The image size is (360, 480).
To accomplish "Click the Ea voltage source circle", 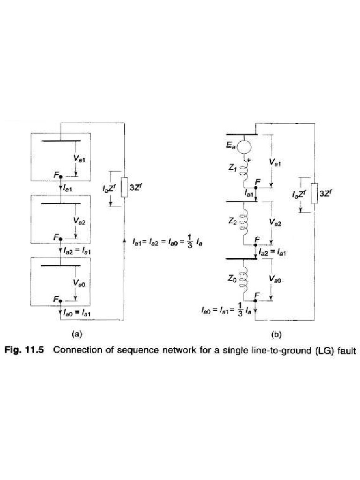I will (x=244, y=147).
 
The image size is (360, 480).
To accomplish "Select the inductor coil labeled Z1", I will (x=244, y=172).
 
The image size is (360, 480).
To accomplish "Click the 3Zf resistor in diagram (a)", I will (x=125, y=188).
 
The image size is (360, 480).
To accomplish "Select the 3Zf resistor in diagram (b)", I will (x=315, y=193).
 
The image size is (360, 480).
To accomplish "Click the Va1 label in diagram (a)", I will (x=79, y=159).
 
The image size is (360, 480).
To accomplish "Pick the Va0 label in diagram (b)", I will (x=277, y=278).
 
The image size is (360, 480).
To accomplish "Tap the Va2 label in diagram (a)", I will (x=79, y=221).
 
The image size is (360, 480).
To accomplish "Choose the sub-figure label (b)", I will (x=276, y=335).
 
